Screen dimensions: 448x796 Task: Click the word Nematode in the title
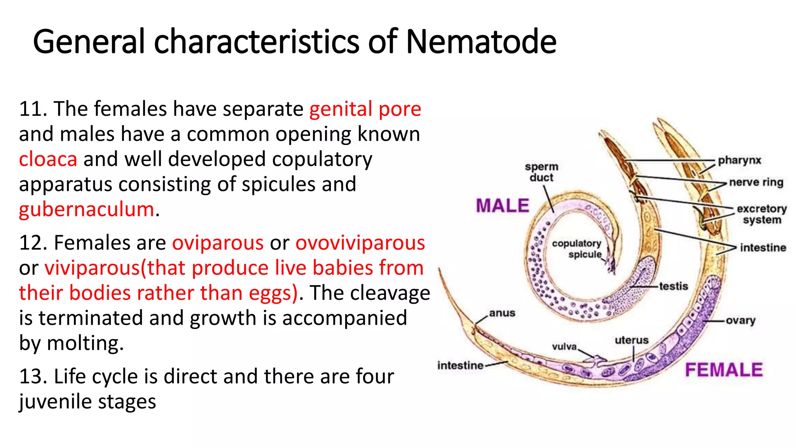click(481, 42)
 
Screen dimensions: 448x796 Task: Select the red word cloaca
click(48, 159)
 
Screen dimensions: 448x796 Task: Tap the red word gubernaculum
click(87, 210)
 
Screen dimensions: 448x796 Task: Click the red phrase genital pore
click(365, 109)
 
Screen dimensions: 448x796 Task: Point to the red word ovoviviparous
click(360, 243)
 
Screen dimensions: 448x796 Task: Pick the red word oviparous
click(218, 243)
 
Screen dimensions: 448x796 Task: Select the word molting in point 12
click(84, 343)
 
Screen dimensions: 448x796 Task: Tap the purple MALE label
click(503, 206)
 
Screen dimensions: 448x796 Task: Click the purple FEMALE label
click(724, 370)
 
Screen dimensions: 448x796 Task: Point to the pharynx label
click(739, 160)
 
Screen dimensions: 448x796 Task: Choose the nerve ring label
click(756, 182)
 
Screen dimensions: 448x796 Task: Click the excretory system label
click(761, 214)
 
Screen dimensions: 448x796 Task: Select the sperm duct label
click(541, 172)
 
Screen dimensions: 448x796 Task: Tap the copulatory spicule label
click(577, 249)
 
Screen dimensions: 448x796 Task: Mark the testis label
click(674, 286)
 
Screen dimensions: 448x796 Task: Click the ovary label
click(740, 320)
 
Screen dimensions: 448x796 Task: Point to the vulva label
click(564, 346)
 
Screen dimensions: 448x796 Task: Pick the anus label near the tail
click(502, 313)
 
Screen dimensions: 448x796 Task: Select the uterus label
click(632, 340)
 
